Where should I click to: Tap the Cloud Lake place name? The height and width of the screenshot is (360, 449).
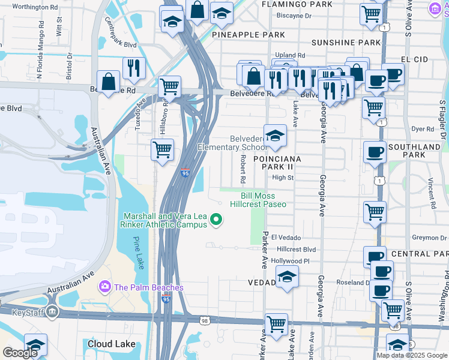[x=111, y=344]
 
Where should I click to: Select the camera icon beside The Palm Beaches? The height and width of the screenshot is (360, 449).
[x=106, y=287]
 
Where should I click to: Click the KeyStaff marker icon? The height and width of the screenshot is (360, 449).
[x=52, y=311]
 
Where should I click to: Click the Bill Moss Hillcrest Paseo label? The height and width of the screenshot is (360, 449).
[x=263, y=200]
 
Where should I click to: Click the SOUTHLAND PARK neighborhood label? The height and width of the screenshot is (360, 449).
[x=414, y=151]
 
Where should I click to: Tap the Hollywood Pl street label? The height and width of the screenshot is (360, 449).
[x=290, y=261]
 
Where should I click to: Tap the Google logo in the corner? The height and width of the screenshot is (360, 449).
[x=20, y=352]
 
